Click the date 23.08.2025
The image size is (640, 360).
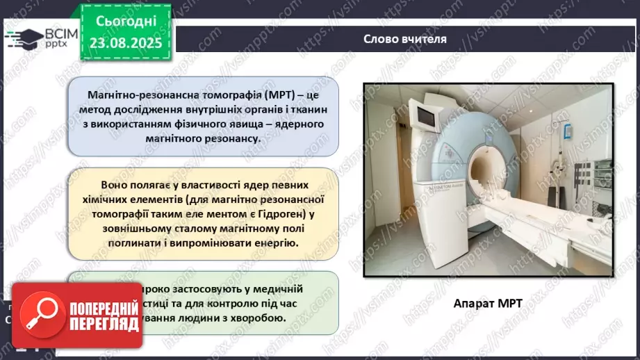(x=125, y=42)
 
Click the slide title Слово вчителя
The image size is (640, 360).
(x=404, y=39)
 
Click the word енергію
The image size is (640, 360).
(x=274, y=243)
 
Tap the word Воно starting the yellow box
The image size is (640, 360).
(x=116, y=185)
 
